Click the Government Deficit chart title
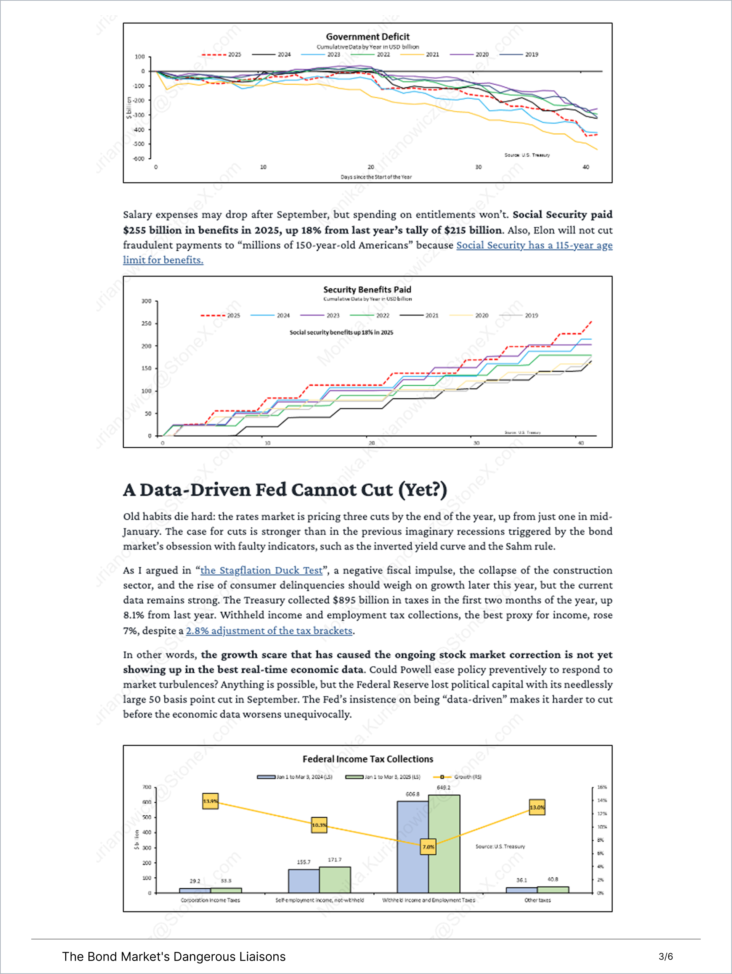coord(368,37)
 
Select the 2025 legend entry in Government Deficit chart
coord(222,55)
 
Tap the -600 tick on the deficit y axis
coord(139,159)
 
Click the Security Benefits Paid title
coord(367,289)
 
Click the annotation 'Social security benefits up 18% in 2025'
coord(341,333)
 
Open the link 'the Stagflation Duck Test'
coord(262,570)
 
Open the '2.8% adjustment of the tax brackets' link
coord(269,630)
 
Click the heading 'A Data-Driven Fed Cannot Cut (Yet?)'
coord(285,490)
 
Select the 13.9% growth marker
coord(210,801)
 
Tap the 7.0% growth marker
coord(428,846)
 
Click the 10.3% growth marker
coord(319,825)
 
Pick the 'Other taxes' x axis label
coord(538,900)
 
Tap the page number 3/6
coord(666,956)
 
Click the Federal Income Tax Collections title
coord(368,759)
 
